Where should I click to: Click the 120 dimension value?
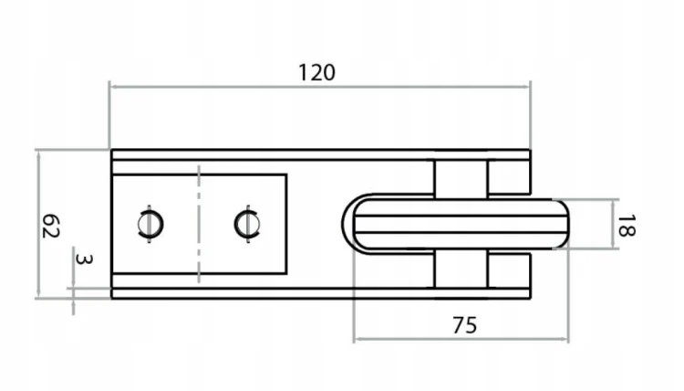(x=316, y=72)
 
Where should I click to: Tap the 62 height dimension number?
(x=50, y=226)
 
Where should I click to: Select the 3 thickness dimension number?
(x=83, y=259)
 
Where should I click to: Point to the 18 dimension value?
(x=627, y=226)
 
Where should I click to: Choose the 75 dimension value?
(x=464, y=325)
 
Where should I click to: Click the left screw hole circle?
(x=150, y=224)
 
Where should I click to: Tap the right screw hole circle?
(x=247, y=224)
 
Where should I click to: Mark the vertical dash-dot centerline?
(x=199, y=224)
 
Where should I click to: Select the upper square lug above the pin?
(x=461, y=179)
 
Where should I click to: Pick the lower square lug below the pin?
(x=461, y=269)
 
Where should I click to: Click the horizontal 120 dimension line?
(x=320, y=87)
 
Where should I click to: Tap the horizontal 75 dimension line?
(x=461, y=339)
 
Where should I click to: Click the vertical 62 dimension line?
(x=39, y=224)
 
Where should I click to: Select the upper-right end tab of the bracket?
(x=509, y=177)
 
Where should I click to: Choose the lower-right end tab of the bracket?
(x=509, y=271)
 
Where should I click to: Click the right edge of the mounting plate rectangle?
(x=286, y=224)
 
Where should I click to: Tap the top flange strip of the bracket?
(x=321, y=155)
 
